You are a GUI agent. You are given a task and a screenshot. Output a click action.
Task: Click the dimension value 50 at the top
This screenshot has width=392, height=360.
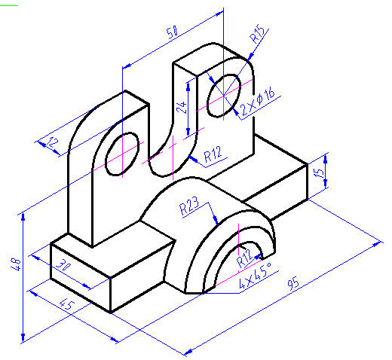[x=173, y=34]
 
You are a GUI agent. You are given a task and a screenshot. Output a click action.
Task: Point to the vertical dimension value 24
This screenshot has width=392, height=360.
[x=181, y=106]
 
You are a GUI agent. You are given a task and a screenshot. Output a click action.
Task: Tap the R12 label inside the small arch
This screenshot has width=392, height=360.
[x=243, y=258]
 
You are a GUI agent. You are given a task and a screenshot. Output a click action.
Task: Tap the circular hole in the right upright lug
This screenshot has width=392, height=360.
[x=224, y=96]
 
